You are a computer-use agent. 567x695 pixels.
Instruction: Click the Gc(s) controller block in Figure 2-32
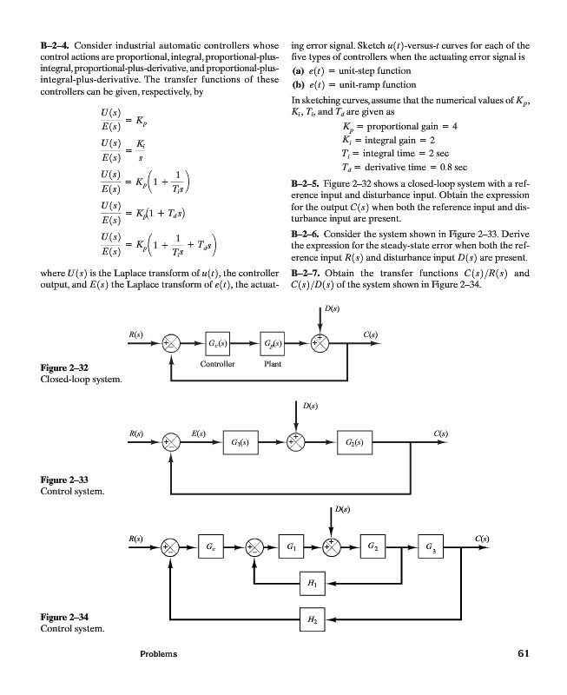(x=218, y=338)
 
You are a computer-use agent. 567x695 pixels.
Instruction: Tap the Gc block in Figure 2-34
(x=212, y=548)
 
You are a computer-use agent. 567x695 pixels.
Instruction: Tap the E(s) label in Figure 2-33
(x=199, y=430)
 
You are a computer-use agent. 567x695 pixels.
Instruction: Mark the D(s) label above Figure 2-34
(x=346, y=508)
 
